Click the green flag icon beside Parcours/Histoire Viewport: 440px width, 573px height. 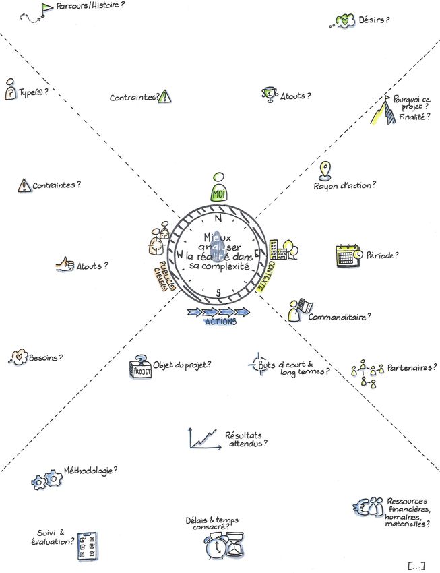(x=46, y=8)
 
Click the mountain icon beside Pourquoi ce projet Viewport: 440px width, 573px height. (x=382, y=110)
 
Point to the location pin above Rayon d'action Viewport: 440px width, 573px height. (x=325, y=169)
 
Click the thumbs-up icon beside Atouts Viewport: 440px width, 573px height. (x=65, y=265)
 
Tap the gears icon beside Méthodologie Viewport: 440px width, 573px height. (x=46, y=481)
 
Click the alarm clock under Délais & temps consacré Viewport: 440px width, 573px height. (x=217, y=546)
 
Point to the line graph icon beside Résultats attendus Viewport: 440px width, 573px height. (x=203, y=439)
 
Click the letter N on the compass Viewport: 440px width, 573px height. (x=218, y=219)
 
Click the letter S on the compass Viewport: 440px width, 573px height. (x=218, y=292)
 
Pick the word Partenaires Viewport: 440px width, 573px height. (x=410, y=368)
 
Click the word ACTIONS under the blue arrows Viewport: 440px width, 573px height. (x=220, y=322)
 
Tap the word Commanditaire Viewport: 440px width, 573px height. (x=341, y=315)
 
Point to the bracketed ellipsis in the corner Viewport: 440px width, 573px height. (x=416, y=563)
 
